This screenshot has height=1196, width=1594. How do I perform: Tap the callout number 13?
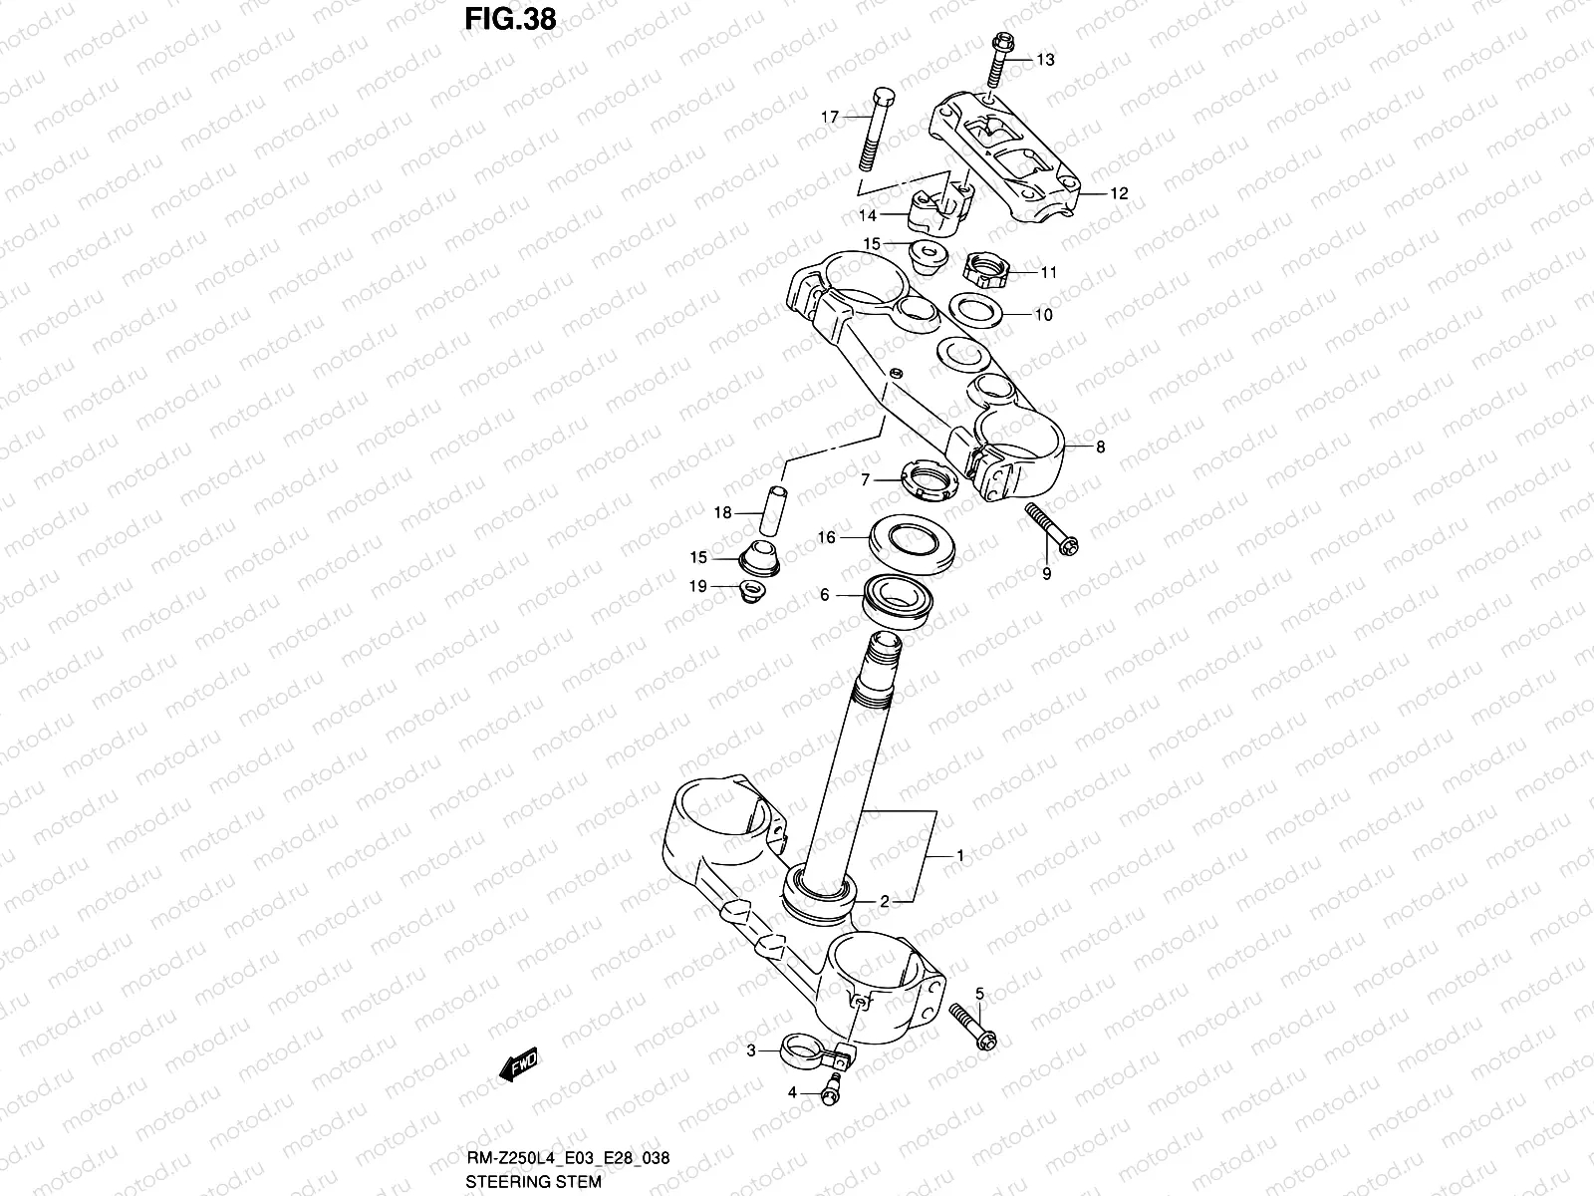coord(1044,61)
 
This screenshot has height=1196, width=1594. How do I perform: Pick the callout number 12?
coord(1119,193)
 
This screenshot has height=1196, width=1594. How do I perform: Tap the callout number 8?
coord(1100,448)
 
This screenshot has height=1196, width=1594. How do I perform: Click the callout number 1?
coord(960,856)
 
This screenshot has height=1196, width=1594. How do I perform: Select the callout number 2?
coord(884,902)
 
